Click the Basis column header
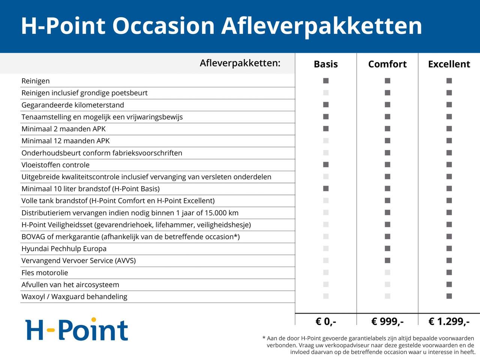coord(325,64)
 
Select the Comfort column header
coord(387,64)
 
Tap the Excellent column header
coord(449,64)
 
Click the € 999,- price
coord(387,321)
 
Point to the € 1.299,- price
coord(449,321)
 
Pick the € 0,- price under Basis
coord(325,321)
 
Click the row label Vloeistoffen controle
coord(55,165)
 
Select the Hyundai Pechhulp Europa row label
coord(64,249)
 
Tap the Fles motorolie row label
coord(45,273)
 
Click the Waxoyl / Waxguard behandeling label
coord(74,297)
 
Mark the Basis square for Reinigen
coord(326,81)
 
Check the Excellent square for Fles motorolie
coord(449,272)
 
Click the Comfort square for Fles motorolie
coord(387,272)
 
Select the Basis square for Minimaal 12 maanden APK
coord(326,141)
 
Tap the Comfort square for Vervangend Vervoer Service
coord(387,260)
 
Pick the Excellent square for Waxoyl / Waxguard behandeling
coord(449,296)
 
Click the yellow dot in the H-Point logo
coord(94,320)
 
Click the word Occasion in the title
coord(163,26)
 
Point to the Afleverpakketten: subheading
coord(240,63)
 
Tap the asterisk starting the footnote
coord(264,338)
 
